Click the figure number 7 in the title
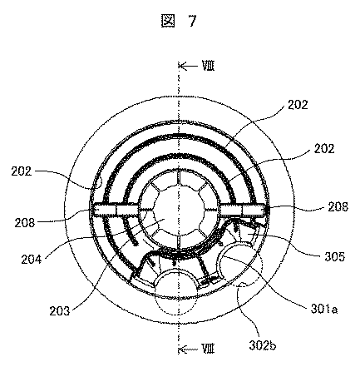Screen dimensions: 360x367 point(193,21)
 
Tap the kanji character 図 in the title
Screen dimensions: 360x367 point(168,21)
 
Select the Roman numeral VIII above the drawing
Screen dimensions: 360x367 point(208,67)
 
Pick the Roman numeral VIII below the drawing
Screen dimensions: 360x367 point(208,349)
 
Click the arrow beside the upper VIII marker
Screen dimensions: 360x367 point(188,66)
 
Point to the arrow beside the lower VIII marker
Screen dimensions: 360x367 point(188,349)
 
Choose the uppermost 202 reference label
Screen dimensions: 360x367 point(298,105)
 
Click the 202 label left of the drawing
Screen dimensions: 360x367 point(22,171)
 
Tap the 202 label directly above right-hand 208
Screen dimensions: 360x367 point(324,149)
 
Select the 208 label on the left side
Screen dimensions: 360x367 point(25,223)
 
